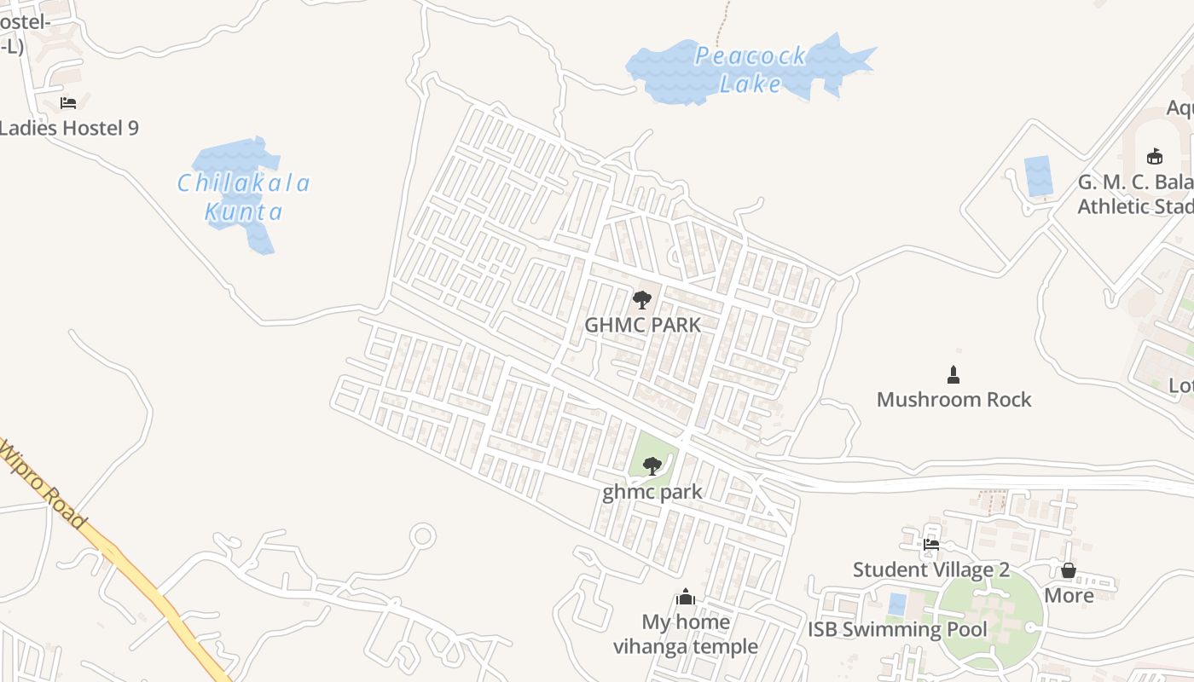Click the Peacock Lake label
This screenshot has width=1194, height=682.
coord(751,70)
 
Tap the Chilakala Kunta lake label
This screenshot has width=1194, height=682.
coord(244,197)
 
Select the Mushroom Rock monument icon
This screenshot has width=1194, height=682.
coord(953,374)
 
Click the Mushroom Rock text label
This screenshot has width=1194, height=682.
coord(953,400)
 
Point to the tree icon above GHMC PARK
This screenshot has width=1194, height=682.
coord(641,299)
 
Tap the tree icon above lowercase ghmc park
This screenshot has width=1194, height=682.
coord(652,466)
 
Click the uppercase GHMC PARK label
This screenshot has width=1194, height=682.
coord(642,325)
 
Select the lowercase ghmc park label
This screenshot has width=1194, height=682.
coord(652,492)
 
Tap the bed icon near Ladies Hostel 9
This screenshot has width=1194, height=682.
coord(68,103)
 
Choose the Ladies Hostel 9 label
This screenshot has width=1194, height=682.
coord(68,129)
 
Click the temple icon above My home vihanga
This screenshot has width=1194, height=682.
coord(686,597)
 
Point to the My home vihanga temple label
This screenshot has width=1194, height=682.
coord(686,634)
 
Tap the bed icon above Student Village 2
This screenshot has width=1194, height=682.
coord(931,544)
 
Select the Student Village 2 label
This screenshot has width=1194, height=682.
coord(931,569)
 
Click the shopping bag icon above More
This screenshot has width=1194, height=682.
coord(1068,570)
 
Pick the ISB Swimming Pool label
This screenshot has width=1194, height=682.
coord(897,630)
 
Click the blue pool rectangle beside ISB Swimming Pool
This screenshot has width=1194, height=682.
coord(896,604)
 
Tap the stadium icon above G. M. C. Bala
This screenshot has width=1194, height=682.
coord(1154,156)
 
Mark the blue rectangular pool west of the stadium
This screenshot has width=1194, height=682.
coord(1038,176)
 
